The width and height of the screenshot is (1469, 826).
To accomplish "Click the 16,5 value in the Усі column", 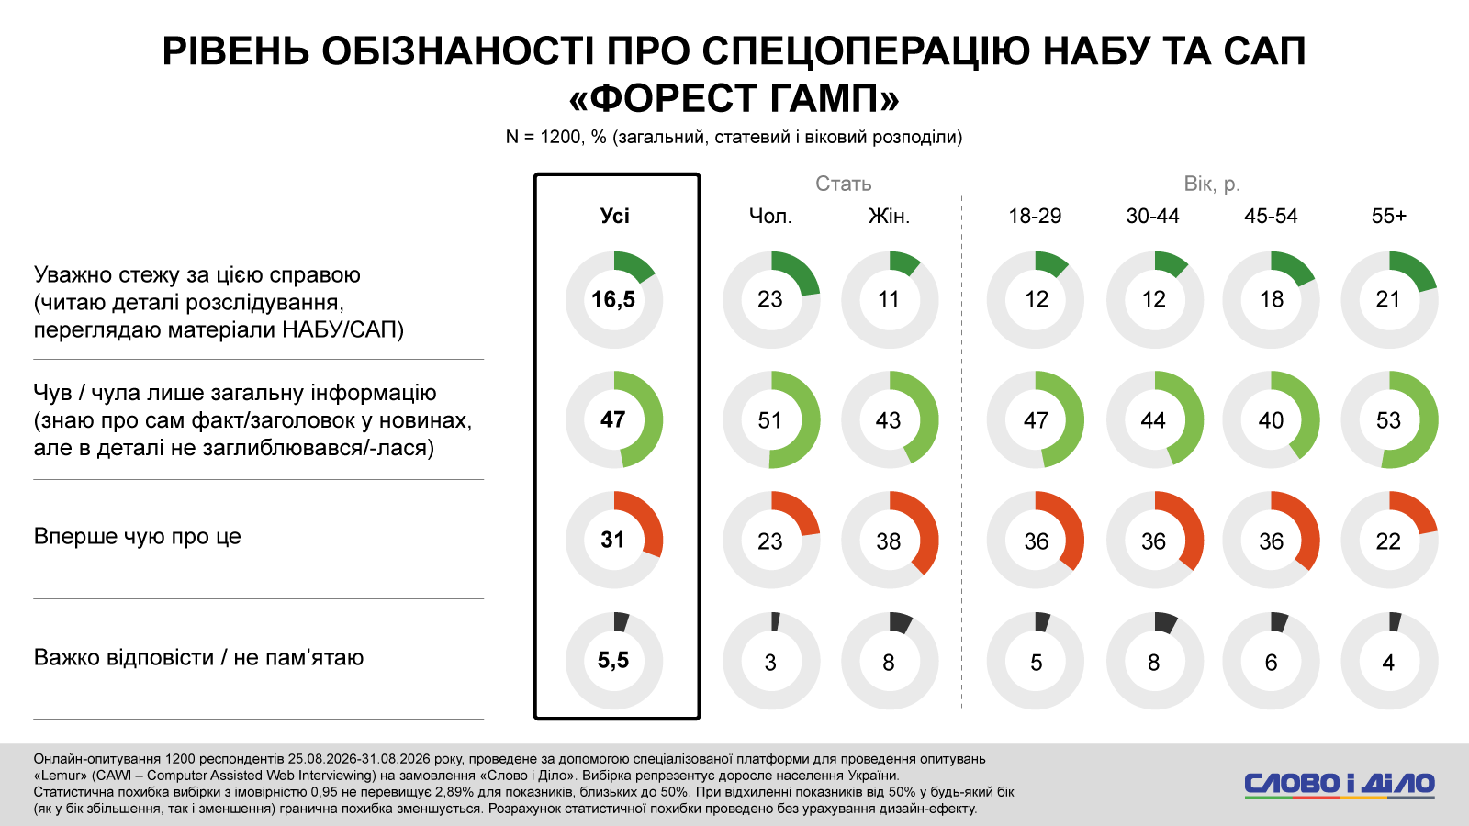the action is (613, 299).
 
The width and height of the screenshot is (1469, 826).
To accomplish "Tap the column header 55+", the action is (1389, 216).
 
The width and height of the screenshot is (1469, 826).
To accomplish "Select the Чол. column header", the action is (770, 216).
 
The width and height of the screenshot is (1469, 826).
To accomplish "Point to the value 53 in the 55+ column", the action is (1388, 420).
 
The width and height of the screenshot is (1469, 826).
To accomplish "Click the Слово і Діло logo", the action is (1340, 785).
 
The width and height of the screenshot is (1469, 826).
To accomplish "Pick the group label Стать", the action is (844, 184).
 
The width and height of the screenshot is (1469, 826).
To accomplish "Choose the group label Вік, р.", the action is (1212, 184).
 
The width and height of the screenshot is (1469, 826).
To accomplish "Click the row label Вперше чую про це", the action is (137, 536).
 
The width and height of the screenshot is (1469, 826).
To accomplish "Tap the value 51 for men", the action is (770, 420).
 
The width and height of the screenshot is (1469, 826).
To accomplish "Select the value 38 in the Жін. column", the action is (889, 541).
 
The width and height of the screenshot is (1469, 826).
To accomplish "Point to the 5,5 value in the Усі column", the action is (613, 661).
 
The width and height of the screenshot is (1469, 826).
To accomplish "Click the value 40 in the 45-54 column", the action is (1271, 420).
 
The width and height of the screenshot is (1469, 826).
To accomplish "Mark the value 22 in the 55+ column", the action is (1388, 541).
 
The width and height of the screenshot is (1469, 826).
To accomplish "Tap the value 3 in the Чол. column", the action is (770, 663).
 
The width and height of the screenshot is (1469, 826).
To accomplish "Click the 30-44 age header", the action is (1153, 216).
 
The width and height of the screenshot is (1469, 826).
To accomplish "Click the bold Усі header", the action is (614, 216).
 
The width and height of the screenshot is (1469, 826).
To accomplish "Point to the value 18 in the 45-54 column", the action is (1271, 299).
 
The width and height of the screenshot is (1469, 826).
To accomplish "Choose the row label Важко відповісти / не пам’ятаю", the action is (198, 657).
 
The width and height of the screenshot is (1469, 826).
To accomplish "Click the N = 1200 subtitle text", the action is (734, 137).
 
